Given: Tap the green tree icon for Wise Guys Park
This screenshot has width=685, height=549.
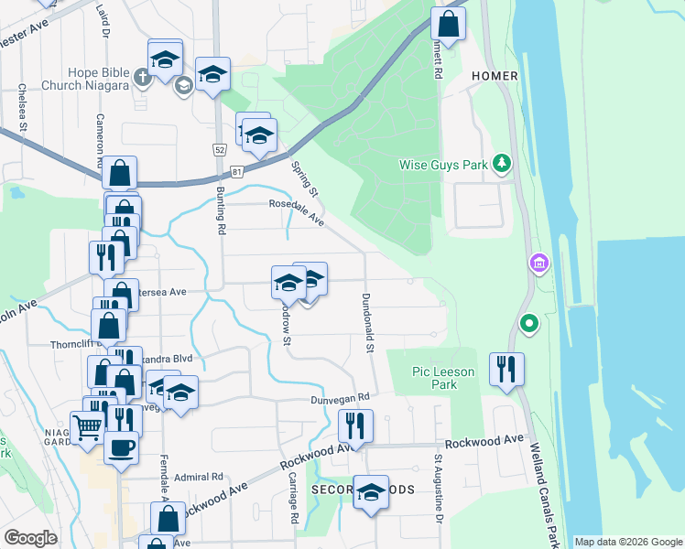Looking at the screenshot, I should point(501,164).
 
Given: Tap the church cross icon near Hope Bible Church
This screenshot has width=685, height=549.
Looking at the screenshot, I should point(142,77).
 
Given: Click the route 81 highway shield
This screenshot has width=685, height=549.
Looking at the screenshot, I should point(237,170).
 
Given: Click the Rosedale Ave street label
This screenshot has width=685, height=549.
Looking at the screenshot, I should point(297,212).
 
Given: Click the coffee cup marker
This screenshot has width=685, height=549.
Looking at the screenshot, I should point(120,447).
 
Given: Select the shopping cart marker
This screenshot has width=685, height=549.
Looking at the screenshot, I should point(88,425).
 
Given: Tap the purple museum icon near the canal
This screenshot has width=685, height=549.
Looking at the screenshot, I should point(538,264).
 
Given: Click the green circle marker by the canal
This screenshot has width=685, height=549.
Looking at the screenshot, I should point(528,324).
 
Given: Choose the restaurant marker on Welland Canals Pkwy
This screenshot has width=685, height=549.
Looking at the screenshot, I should point(506,369).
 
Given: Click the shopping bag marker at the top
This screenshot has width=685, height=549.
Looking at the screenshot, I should point(448,22).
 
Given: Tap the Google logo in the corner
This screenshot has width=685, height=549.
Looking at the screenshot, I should point(31,538).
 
